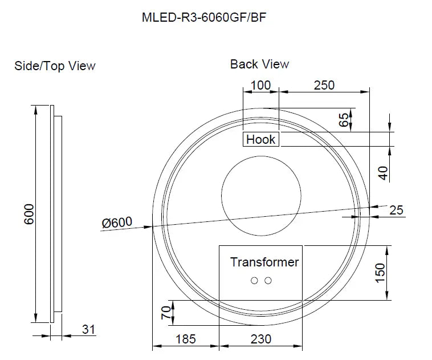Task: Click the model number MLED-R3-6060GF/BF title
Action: tap(204, 17)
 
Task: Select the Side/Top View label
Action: tap(55, 66)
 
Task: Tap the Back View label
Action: tap(259, 64)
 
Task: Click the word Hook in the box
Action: tap(260, 139)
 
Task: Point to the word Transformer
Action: tap(264, 262)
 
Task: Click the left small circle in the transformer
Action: tap(254, 280)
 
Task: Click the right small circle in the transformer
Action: tap(268, 280)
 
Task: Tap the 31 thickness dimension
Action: tap(88, 329)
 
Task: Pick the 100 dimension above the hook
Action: tap(260, 86)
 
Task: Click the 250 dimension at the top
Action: tap(324, 86)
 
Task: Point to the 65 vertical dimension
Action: tap(344, 120)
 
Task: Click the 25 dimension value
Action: tap(396, 210)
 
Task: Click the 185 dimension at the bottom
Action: tap(185, 339)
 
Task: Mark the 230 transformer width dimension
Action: tap(260, 339)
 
